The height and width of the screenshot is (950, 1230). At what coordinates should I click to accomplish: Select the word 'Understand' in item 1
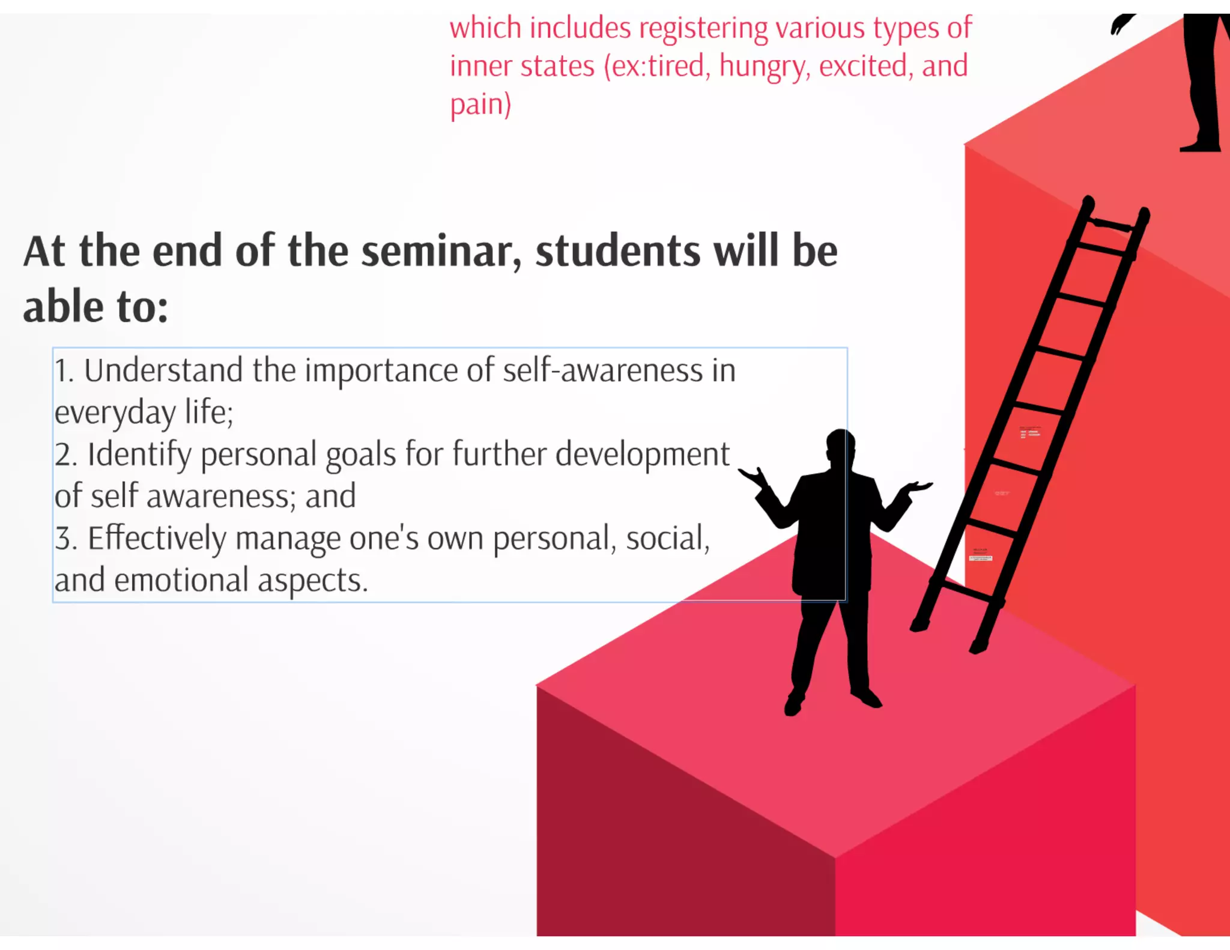click(x=163, y=371)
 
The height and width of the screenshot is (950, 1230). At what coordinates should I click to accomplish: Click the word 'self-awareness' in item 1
click(x=602, y=371)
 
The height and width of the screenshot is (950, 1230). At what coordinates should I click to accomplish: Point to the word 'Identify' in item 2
click(x=139, y=455)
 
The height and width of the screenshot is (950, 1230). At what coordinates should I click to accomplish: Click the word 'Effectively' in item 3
click(x=157, y=538)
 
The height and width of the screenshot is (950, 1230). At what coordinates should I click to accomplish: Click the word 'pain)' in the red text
click(x=480, y=105)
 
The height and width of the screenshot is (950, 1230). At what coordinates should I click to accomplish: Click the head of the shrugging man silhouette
click(x=840, y=445)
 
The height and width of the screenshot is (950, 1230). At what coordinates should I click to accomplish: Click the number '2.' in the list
click(x=66, y=455)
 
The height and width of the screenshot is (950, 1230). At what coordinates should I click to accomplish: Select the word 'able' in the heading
click(x=63, y=306)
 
